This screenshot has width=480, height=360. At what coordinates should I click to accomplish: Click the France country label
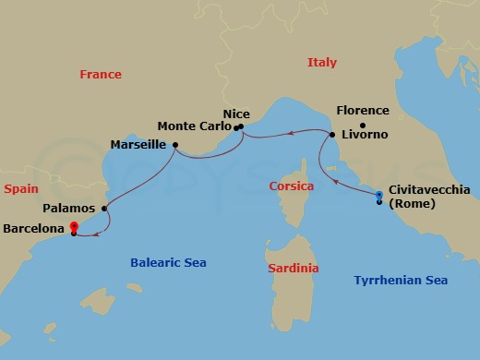(x=102, y=74)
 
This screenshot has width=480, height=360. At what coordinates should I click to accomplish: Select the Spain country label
(x=20, y=187)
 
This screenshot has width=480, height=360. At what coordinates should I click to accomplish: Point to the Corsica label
(x=291, y=186)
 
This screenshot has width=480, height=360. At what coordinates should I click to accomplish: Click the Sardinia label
(x=293, y=268)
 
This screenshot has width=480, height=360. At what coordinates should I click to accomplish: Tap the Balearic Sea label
(x=167, y=262)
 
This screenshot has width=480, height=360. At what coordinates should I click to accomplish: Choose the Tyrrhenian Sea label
(x=401, y=279)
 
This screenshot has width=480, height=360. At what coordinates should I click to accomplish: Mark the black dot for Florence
(x=363, y=126)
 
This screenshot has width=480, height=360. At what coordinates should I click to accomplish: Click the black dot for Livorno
(x=332, y=135)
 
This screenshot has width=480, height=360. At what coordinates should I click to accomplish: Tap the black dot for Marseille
(x=173, y=144)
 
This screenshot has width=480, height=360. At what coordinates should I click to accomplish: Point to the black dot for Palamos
(x=104, y=209)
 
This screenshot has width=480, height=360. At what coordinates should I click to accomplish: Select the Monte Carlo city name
(x=194, y=126)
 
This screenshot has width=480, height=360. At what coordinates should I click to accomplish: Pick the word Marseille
(x=138, y=145)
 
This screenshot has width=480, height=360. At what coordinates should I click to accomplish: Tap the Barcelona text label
(x=35, y=226)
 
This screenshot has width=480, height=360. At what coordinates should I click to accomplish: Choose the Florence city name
(x=363, y=111)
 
